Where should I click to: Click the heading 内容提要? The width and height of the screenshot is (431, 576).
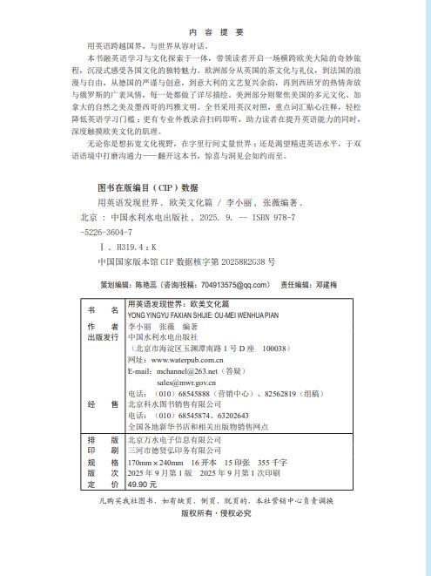point(215,32)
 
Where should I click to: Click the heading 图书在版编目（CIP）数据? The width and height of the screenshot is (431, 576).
point(147,186)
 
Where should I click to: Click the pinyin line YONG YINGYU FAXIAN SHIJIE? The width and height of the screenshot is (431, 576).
point(174,315)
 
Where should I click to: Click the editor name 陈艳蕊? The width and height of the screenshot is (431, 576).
point(148,284)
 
